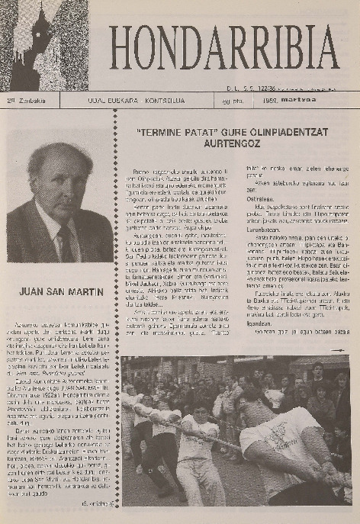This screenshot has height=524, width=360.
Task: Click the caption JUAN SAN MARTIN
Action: pos(58,290)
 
